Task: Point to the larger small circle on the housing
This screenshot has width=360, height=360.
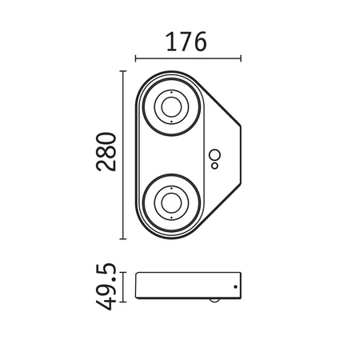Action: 214,155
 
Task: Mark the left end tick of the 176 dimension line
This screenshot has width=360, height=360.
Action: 136,58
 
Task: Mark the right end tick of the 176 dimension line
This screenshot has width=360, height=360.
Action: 240,58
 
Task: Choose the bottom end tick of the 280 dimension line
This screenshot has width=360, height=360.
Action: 122,238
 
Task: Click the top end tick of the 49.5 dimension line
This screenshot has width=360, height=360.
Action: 122,274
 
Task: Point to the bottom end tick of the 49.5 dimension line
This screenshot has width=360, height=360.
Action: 122,302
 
